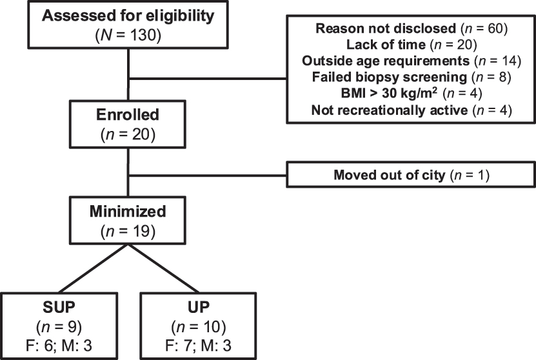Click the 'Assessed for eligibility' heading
130,15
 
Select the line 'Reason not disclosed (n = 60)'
411,29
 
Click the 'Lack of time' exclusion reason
411,45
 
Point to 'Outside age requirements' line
411,61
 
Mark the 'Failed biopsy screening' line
411,77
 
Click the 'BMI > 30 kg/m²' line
411,94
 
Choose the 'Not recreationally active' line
411,110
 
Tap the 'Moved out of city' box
411,175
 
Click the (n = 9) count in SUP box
57,323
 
